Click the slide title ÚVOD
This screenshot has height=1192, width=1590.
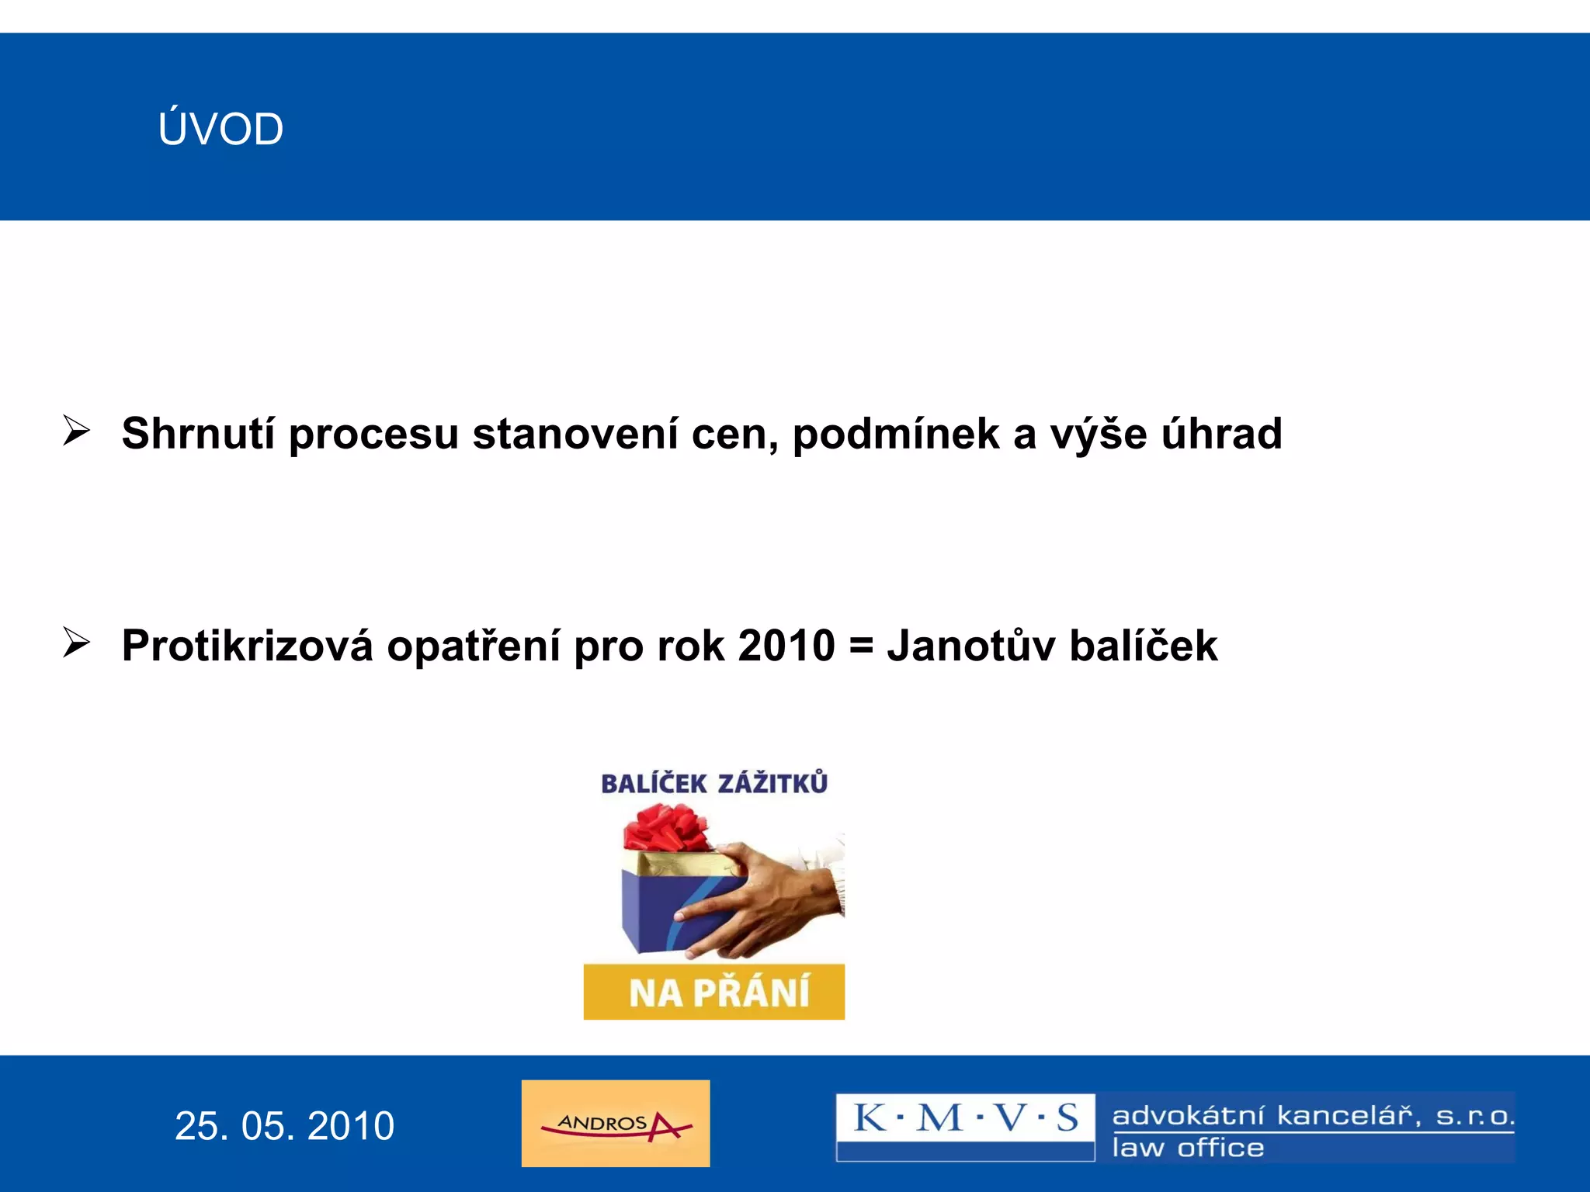pyautogui.click(x=220, y=129)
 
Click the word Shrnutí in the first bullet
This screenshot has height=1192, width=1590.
pyautogui.click(x=198, y=433)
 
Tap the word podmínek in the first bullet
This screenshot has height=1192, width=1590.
pyautogui.click(x=895, y=433)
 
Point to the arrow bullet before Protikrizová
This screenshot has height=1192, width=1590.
pyautogui.click(x=76, y=643)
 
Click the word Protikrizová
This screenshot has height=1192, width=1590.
pyautogui.click(x=247, y=646)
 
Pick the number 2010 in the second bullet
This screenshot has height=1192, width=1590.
pyautogui.click(x=786, y=646)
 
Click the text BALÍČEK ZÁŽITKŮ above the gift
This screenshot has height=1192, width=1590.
pyautogui.click(x=713, y=783)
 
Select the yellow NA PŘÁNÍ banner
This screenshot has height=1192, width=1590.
pyautogui.click(x=713, y=992)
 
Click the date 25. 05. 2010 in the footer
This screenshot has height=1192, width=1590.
pyautogui.click(x=284, y=1125)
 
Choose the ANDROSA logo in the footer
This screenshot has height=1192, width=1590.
pyautogui.click(x=616, y=1123)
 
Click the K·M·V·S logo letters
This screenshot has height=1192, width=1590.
pyautogui.click(x=965, y=1118)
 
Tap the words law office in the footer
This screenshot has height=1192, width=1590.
pyautogui.click(x=1188, y=1148)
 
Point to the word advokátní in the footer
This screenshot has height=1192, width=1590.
pyautogui.click(x=1188, y=1116)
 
